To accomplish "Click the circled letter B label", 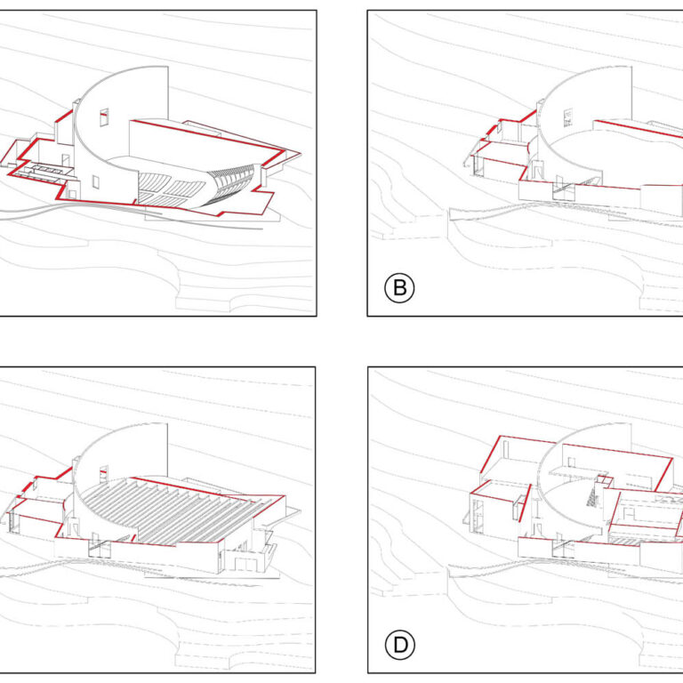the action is [399, 288].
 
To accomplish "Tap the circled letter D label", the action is [400, 645].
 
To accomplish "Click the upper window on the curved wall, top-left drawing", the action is [104, 117].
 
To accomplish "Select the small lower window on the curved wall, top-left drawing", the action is [96, 182].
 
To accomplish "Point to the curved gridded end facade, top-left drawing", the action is [231, 184].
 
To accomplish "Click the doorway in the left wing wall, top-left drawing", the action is [65, 160].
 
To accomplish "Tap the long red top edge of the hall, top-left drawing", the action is [208, 135].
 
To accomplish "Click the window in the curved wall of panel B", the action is [567, 117].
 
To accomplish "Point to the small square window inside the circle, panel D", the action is [571, 462].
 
